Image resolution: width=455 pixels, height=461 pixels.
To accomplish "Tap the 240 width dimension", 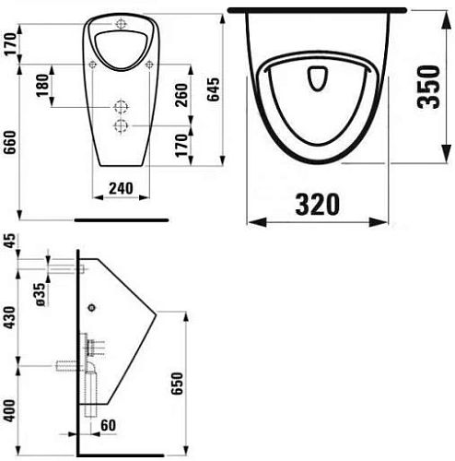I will (122, 188).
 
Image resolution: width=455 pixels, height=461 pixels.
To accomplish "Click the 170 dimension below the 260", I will (182, 144).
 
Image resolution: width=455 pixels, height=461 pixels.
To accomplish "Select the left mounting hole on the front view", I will (94, 64).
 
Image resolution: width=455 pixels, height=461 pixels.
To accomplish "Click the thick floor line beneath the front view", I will (122, 220).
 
